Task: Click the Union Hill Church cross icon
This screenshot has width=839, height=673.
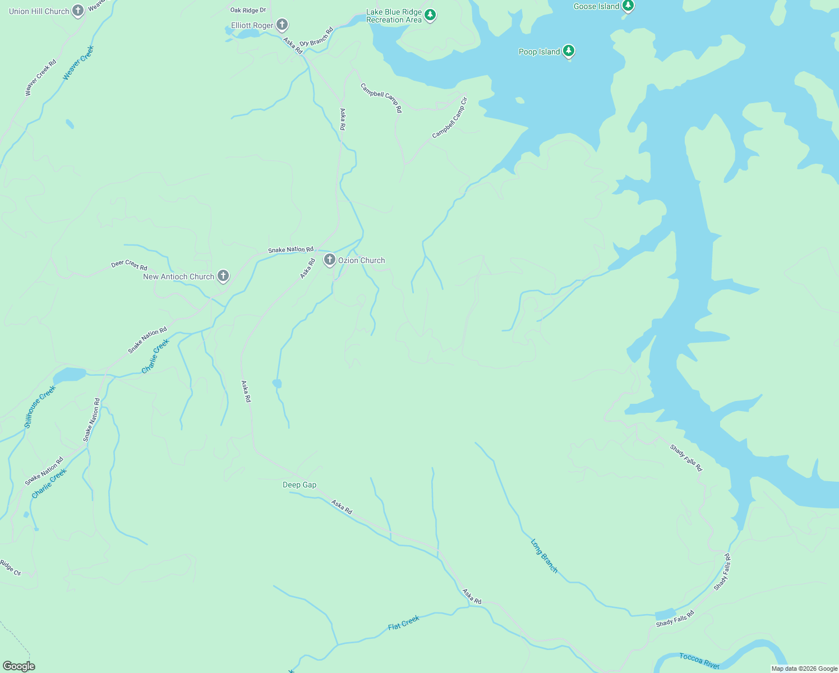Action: [x=78, y=11]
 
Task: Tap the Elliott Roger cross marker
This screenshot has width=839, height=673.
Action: [x=282, y=25]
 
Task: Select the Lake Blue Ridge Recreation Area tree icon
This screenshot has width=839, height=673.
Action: [x=430, y=15]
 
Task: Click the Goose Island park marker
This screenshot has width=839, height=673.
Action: [x=628, y=6]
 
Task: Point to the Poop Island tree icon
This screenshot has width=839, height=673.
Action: [x=569, y=51]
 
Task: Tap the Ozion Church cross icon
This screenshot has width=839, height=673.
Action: [x=330, y=260]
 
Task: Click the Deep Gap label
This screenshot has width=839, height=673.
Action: [x=299, y=485]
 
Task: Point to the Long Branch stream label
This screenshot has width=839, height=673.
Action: [x=544, y=556]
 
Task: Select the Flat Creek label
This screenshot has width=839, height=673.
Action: [x=404, y=623]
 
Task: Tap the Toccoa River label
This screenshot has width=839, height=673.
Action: [x=699, y=661]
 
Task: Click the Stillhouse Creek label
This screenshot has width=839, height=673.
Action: [x=40, y=407]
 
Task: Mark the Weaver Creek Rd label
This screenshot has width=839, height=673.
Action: [x=41, y=77]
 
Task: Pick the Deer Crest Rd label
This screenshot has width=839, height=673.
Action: [x=129, y=265]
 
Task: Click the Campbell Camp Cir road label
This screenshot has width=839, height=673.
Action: [x=450, y=118]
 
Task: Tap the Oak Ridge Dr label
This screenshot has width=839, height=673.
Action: [x=248, y=10]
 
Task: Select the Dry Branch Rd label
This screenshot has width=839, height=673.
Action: [x=316, y=36]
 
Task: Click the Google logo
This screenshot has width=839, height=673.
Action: [x=19, y=666]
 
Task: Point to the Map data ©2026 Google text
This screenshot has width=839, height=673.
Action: [x=804, y=669]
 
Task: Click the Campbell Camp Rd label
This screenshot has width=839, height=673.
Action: [x=381, y=98]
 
